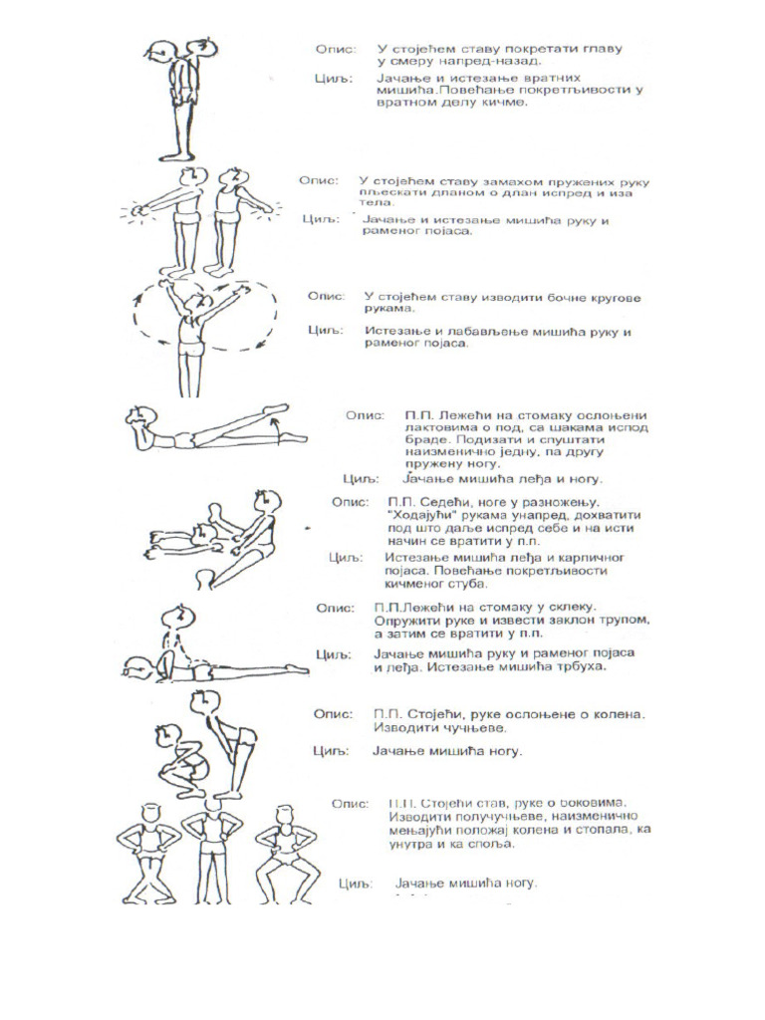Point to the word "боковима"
point(580,802)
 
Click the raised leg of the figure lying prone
point(249,418)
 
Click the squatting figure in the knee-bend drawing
point(178,761)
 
